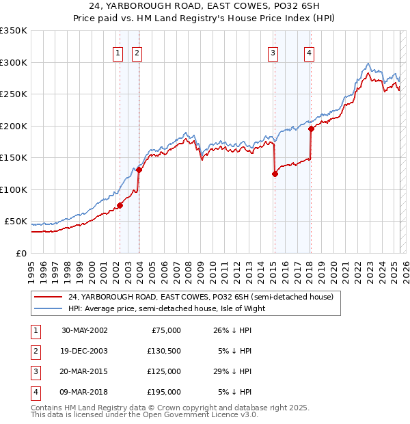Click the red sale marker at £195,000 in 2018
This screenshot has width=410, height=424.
(311, 128)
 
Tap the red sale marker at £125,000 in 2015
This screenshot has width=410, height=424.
(275, 174)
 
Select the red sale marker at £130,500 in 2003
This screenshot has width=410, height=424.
(139, 170)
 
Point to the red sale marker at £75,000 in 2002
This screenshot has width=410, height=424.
(120, 204)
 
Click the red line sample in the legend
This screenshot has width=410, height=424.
(48, 297)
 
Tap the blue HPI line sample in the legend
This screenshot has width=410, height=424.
(48, 308)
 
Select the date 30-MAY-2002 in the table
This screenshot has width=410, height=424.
(84, 330)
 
